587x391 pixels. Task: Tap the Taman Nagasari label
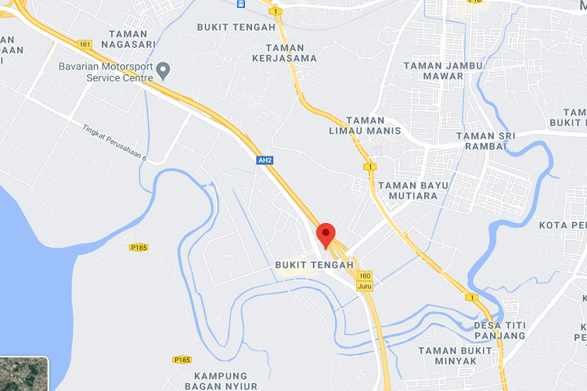tap(141, 40)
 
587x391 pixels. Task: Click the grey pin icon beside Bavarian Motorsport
tap(164, 71)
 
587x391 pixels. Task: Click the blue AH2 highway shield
tap(265, 160)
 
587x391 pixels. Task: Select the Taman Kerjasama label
tap(285, 52)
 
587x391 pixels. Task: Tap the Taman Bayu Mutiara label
tap(407, 191)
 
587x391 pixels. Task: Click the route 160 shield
tap(365, 275)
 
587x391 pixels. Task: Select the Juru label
tap(365, 286)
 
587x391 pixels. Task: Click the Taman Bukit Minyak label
tap(459, 356)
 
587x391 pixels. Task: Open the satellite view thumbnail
tap(23, 374)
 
